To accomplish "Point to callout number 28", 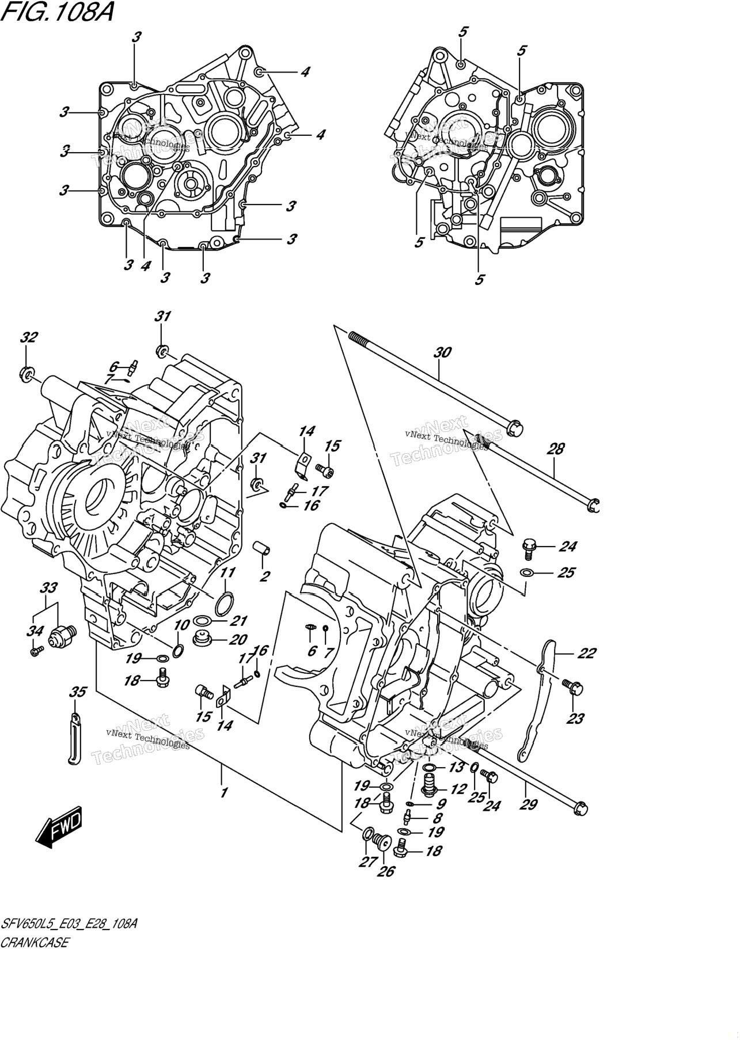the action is coord(556,449).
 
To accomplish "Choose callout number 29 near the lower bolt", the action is coord(528,804).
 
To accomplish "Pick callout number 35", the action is coord(78,692).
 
